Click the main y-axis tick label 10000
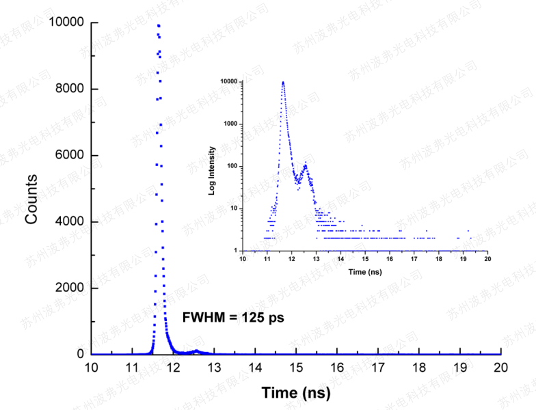(66, 23)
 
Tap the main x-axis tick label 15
(296, 368)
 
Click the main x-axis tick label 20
(501, 368)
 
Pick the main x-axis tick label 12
(173, 368)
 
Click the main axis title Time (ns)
(296, 393)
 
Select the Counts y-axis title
(31, 198)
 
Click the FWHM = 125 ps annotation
(232, 318)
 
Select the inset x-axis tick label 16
(390, 260)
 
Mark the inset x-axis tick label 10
(243, 260)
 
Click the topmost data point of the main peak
(159, 26)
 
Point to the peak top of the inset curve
(283, 82)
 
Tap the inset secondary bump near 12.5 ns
(305, 165)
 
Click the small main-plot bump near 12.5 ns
(196, 351)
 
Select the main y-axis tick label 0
(81, 355)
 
